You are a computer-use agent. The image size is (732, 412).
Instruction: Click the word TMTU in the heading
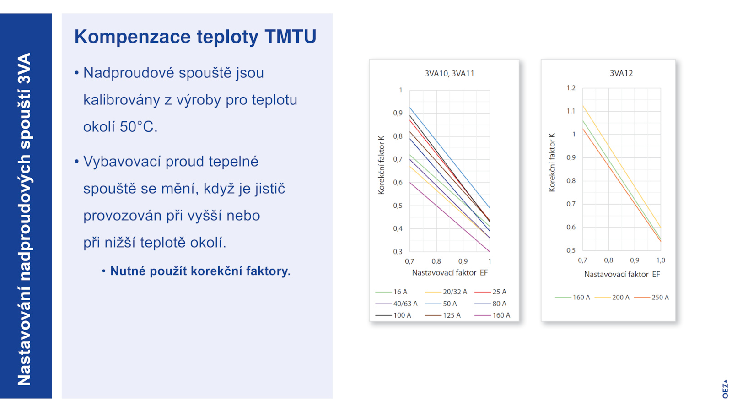pyautogui.click(x=291, y=36)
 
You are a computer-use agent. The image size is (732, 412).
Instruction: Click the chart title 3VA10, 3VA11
pyautogui.click(x=449, y=74)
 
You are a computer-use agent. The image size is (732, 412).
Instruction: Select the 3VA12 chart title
pyautogui.click(x=621, y=73)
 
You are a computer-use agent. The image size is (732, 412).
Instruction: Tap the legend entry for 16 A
pyautogui.click(x=391, y=292)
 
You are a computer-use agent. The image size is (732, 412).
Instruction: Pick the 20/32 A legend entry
pyautogui.click(x=446, y=292)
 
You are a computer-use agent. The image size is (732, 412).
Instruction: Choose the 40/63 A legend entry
pyautogui.click(x=396, y=304)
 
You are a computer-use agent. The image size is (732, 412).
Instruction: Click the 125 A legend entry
pyautogui.click(x=443, y=315)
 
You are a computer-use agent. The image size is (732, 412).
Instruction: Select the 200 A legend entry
pyautogui.click(x=612, y=298)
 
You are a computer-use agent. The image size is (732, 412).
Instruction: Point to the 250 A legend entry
pyautogui.click(x=651, y=298)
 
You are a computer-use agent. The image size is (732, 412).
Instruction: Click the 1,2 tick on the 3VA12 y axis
pyautogui.click(x=571, y=88)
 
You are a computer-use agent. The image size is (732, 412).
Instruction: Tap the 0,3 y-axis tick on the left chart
pyautogui.click(x=398, y=252)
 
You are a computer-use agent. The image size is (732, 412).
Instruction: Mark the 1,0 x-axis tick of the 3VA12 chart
pyautogui.click(x=661, y=260)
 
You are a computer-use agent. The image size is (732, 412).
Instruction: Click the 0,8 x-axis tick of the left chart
pyautogui.click(x=436, y=261)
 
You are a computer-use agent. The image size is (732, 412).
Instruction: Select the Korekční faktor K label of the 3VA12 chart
pyautogui.click(x=552, y=163)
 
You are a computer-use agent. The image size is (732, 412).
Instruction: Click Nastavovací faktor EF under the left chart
pyautogui.click(x=450, y=273)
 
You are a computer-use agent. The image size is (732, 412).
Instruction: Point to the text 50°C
pyautogui.click(x=139, y=127)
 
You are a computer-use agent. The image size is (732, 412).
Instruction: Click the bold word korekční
pyautogui.click(x=217, y=271)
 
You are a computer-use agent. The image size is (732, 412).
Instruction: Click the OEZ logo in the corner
pyautogui.click(x=725, y=389)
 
